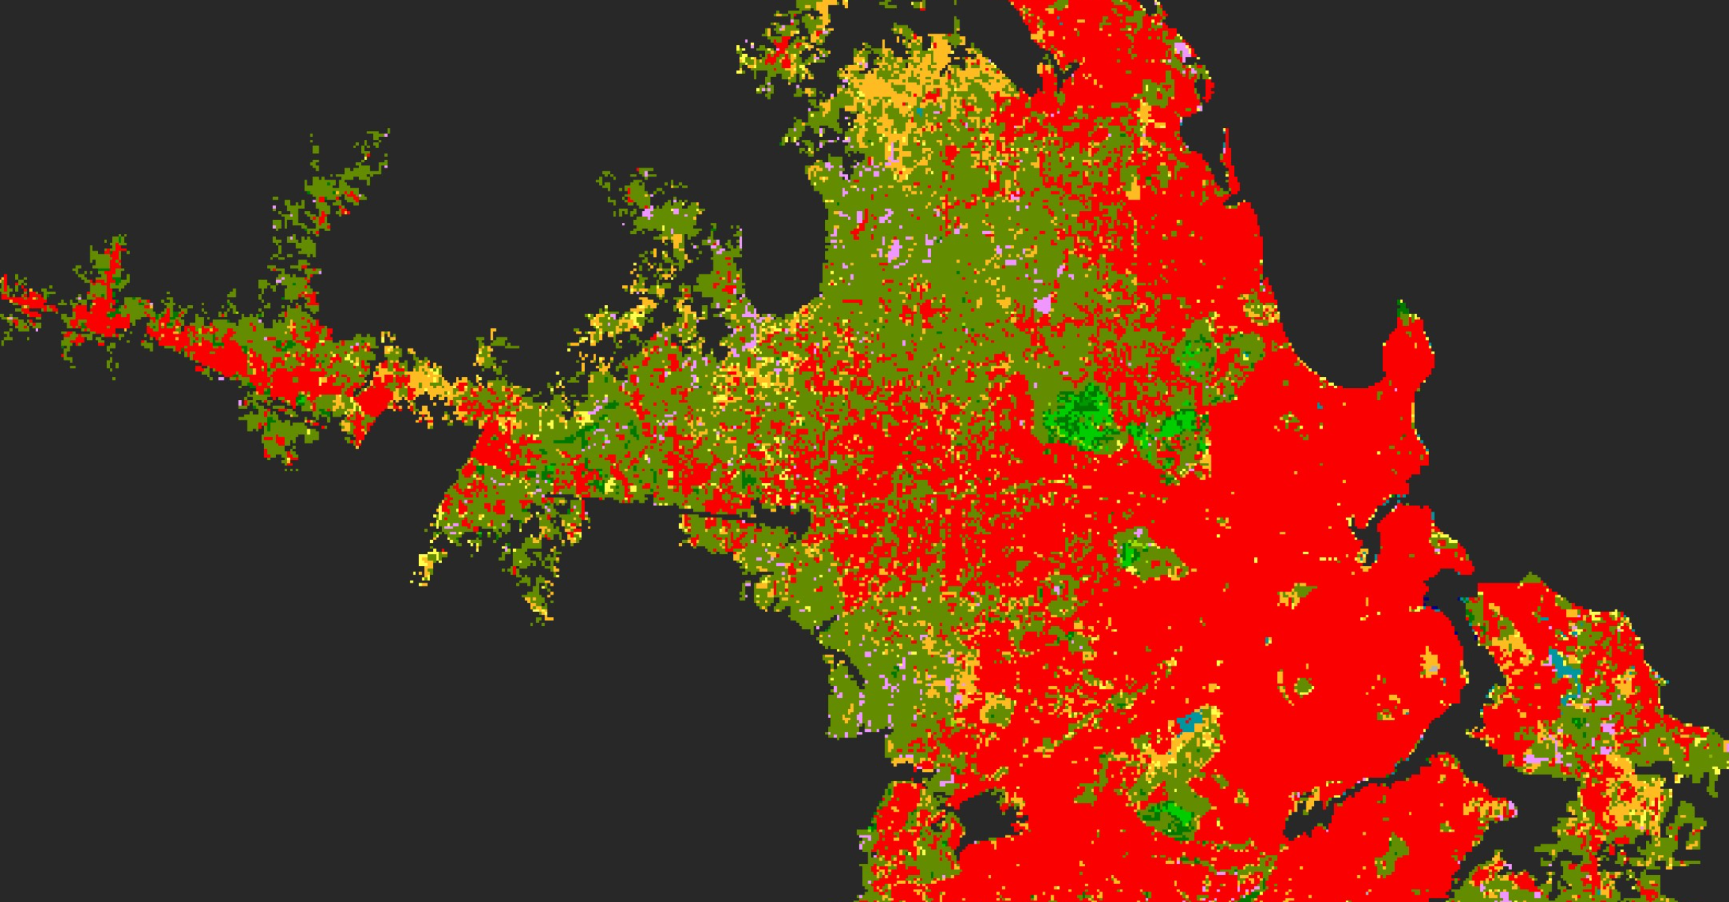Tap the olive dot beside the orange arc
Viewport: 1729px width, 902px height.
click(1303, 686)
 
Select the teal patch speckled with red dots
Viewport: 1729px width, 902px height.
click(1188, 723)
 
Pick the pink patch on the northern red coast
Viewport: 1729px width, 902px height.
click(1182, 51)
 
